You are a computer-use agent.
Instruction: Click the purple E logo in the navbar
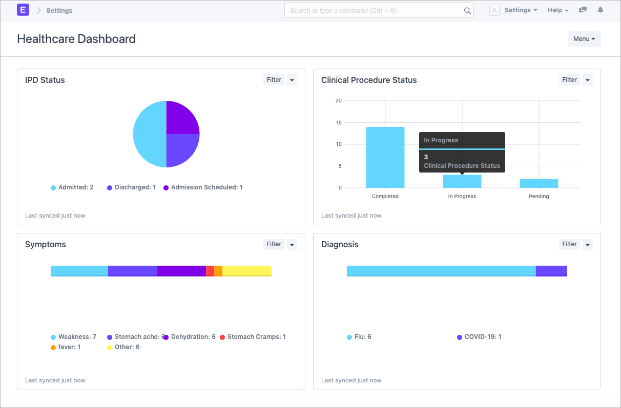[x=23, y=10]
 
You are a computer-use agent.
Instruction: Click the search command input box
[x=374, y=10]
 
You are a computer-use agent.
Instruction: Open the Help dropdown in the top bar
[x=557, y=10]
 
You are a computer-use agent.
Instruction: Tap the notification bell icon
[x=601, y=10]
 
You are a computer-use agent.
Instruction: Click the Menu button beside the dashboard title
[x=584, y=39]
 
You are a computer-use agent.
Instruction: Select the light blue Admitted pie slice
[x=149, y=134]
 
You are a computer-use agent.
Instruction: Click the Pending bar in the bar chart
[x=539, y=183]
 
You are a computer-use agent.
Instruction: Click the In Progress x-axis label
[x=462, y=197]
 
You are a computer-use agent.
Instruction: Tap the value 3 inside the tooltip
[x=426, y=157]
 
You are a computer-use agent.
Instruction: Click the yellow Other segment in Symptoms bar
[x=246, y=271]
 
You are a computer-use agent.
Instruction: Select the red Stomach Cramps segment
[x=210, y=271]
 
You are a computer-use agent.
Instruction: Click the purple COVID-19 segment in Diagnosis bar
[x=551, y=271]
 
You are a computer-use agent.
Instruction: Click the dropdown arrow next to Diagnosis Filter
[x=588, y=245]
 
